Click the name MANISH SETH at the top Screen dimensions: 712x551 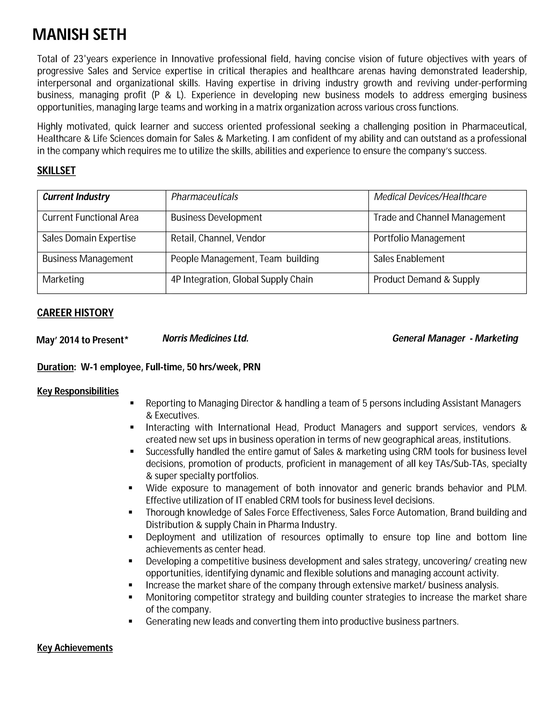click(79, 35)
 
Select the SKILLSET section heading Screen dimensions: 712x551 click(56, 171)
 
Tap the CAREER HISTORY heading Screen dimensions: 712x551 click(75, 313)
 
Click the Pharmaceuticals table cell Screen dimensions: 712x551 click(204, 197)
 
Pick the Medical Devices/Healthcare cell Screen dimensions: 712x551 click(430, 197)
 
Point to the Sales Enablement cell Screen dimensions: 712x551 click(409, 259)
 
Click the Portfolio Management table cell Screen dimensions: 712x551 click(419, 238)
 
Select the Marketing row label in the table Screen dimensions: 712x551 click(63, 279)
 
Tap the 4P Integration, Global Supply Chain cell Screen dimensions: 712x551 click(242, 279)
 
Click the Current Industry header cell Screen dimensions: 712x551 click(76, 197)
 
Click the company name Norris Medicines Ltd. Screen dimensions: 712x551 click(205, 338)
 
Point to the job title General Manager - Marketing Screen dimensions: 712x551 click(455, 338)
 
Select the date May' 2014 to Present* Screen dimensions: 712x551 click(82, 340)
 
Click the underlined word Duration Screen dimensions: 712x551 click(55, 367)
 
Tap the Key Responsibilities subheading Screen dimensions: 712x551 click(78, 391)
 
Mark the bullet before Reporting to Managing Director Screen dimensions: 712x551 click(132, 403)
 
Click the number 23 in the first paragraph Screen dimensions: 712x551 click(78, 59)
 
